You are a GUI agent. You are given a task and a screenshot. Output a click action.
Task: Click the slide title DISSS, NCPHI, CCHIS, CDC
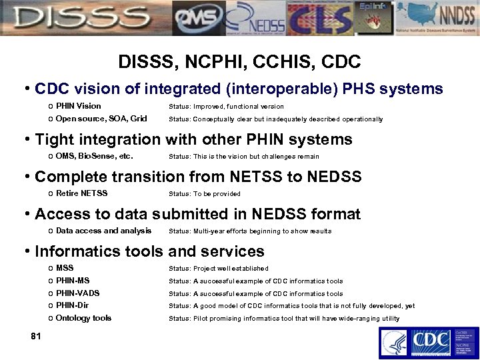coord(239,62)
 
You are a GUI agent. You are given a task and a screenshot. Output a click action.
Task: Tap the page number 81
coord(35,336)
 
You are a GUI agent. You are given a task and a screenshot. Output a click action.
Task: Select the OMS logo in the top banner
coord(197,18)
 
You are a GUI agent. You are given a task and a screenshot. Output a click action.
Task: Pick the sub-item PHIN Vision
coord(78,106)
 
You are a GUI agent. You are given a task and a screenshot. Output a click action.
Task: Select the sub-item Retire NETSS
coord(81,194)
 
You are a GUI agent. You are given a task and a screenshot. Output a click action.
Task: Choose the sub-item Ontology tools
coord(83,318)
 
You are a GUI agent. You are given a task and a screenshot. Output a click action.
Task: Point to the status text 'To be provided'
coord(217,194)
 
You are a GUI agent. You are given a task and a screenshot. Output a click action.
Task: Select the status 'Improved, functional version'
coord(238,107)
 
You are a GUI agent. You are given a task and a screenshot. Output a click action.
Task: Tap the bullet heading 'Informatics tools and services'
coord(149,251)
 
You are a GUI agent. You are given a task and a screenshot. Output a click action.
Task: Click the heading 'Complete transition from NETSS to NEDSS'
coord(198,177)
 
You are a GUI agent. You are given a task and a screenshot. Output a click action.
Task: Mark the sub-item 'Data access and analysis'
coord(103,231)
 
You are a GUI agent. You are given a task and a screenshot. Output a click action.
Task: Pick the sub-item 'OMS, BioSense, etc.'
coord(95,157)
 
